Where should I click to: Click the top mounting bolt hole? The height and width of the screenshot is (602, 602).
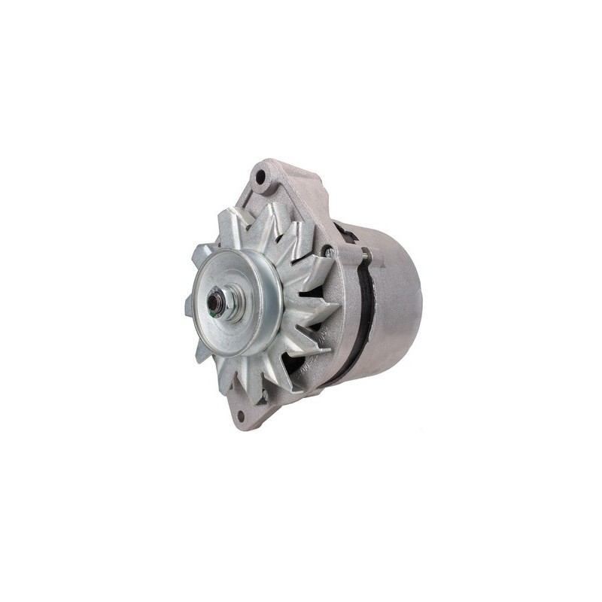(261, 179)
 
